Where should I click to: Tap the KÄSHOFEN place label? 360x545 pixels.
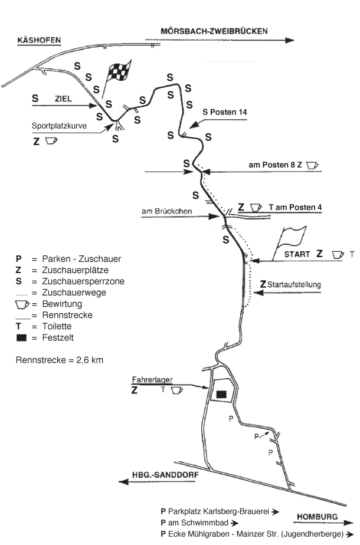click(39, 40)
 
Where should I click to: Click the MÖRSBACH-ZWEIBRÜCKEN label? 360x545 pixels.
click(214, 31)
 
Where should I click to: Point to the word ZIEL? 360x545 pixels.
click(63, 99)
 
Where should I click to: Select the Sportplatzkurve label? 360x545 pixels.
click(59, 126)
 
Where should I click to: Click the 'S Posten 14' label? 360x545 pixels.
click(225, 112)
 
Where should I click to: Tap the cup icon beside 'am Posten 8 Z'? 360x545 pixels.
click(312, 165)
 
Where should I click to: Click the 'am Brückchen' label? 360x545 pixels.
click(166, 211)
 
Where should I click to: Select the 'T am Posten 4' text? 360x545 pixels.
click(295, 208)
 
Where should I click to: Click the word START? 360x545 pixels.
click(297, 254)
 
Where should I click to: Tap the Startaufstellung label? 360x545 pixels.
click(294, 285)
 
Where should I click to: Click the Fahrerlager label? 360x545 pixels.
click(152, 380)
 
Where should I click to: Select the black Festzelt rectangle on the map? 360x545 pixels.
click(221, 394)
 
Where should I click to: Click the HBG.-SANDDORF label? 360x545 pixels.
click(165, 475)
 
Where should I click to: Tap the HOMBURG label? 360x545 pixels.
click(318, 517)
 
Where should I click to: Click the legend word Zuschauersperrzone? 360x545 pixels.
click(83, 281)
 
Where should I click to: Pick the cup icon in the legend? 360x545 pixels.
click(22, 304)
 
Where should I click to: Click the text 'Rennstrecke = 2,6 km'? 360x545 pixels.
click(60, 360)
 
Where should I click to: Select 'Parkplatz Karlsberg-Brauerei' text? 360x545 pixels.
click(218, 511)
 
